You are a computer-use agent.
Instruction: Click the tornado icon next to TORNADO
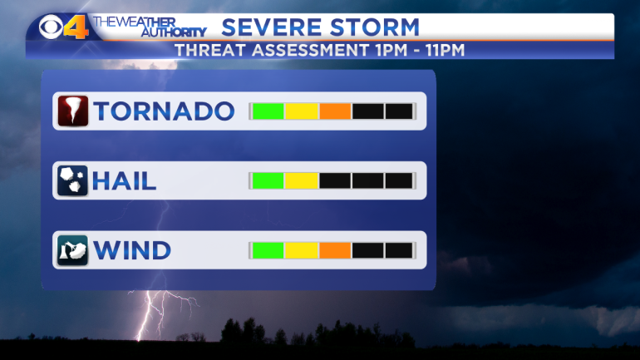(x=73, y=111)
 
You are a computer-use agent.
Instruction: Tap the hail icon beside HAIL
(x=72, y=180)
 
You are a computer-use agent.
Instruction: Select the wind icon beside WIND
(x=72, y=250)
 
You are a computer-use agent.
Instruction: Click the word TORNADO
(x=164, y=111)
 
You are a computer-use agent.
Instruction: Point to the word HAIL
(x=124, y=180)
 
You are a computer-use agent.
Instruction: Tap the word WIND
(x=132, y=250)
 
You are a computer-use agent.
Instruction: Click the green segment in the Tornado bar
(x=268, y=111)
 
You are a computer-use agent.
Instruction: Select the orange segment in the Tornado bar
(x=335, y=111)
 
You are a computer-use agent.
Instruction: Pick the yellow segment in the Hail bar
(x=302, y=180)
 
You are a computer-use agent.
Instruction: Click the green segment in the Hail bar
(x=268, y=180)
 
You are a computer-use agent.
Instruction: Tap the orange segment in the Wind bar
(x=335, y=250)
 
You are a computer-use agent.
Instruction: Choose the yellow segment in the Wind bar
(x=302, y=250)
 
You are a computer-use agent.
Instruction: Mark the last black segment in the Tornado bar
(x=399, y=111)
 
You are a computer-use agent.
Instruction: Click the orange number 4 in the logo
(x=76, y=27)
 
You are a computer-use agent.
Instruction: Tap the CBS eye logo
(x=51, y=27)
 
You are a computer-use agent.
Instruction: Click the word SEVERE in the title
(x=272, y=27)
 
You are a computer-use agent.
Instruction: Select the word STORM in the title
(x=375, y=27)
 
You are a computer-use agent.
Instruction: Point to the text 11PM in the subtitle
(x=445, y=50)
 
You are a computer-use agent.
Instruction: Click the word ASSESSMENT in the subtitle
(x=311, y=50)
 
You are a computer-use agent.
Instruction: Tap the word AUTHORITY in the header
(x=174, y=32)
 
